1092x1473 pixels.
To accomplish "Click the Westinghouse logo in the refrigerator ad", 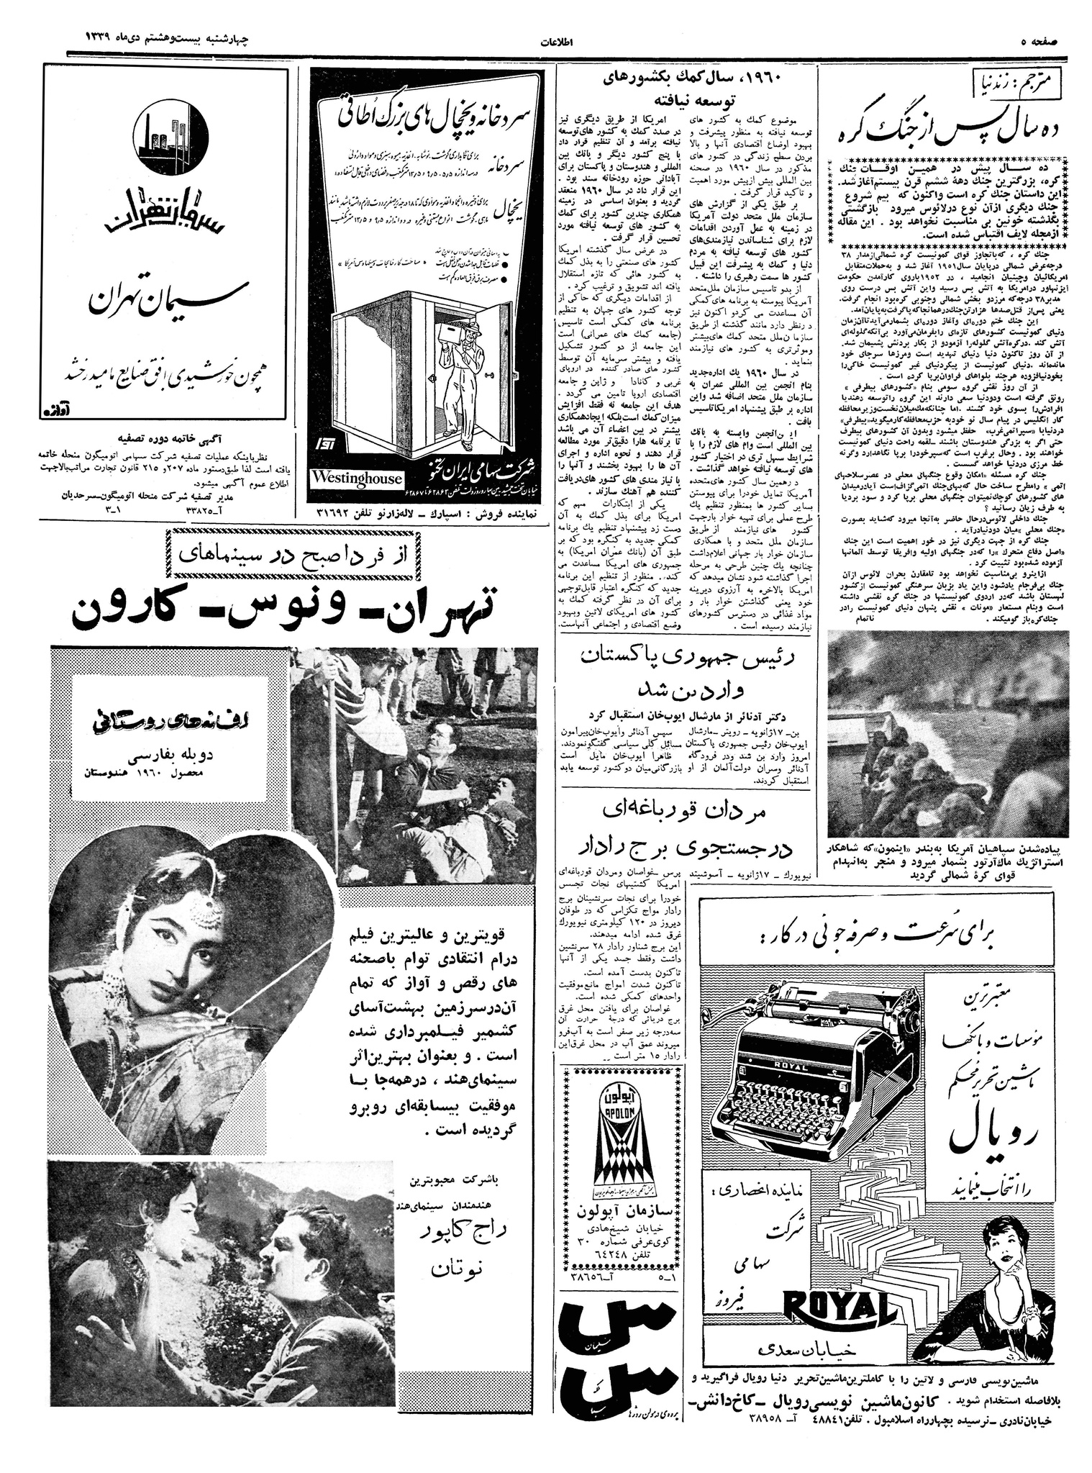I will [x=357, y=479].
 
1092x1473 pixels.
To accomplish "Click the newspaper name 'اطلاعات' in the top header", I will [x=556, y=41].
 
